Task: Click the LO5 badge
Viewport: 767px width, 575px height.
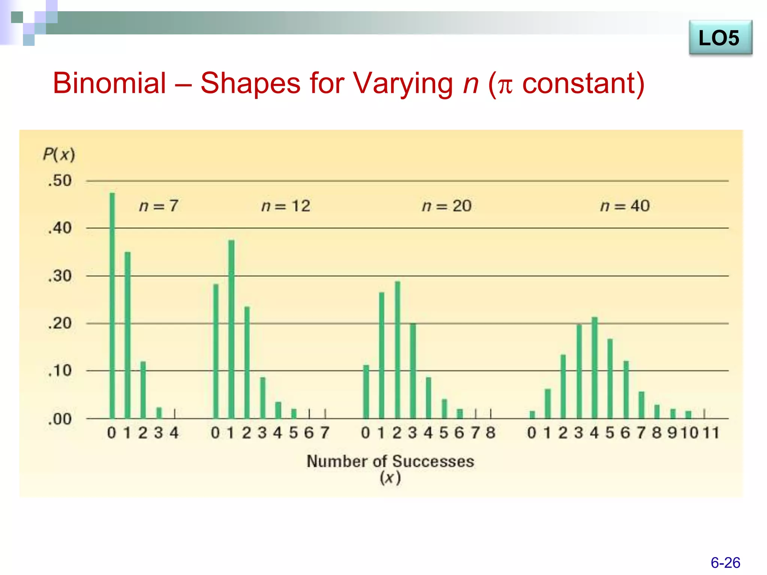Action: point(720,38)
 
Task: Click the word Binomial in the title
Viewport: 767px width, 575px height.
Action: point(109,83)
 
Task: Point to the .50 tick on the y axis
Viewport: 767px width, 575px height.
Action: point(60,181)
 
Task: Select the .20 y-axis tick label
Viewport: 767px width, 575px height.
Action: point(60,323)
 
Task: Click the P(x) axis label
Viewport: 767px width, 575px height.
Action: point(59,154)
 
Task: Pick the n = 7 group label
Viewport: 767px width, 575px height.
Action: point(159,206)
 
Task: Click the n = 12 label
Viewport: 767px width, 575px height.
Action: point(286,206)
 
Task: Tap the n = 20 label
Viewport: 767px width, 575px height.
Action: point(446,206)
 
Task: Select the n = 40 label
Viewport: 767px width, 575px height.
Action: point(625,206)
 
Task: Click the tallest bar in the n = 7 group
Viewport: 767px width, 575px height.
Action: point(112,305)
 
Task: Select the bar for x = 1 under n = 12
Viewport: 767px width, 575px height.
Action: point(231,329)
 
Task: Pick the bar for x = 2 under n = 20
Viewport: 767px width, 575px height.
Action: point(397,350)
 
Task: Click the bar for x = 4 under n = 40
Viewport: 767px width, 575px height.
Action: point(594,368)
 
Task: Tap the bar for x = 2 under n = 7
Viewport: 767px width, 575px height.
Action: point(143,390)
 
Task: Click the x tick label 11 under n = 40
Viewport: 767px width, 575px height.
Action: point(711,433)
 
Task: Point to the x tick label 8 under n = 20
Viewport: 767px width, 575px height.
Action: point(491,433)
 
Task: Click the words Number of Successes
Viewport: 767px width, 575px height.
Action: point(390,461)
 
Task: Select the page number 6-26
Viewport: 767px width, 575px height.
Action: point(725,563)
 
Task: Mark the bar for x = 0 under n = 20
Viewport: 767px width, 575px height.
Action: point(366,392)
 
